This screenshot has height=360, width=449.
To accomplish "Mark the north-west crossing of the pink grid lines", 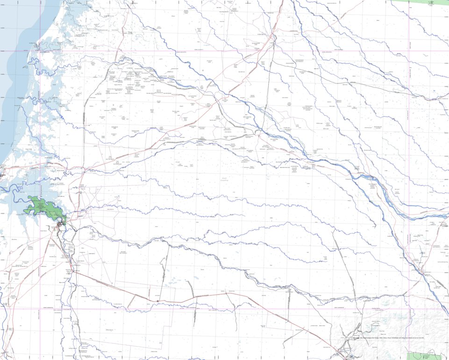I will point(40,50).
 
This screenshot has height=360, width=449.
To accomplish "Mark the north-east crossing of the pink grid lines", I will point(409,50).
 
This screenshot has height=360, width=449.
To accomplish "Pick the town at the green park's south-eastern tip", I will point(61,227).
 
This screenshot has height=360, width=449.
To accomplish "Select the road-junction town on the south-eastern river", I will point(423,271).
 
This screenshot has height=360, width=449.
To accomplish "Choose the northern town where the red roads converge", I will point(273,37).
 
